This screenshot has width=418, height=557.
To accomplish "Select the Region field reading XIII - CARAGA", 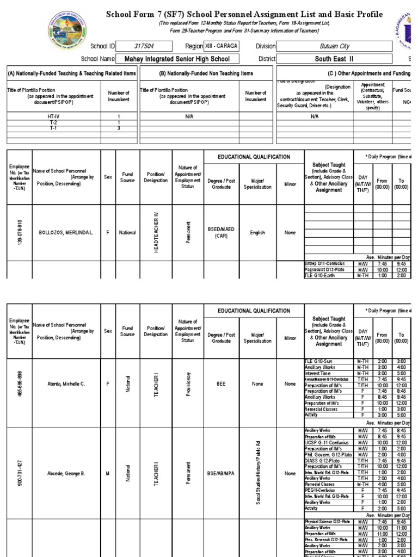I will (x=222, y=47).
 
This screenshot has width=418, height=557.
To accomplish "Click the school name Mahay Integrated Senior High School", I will (x=177, y=59).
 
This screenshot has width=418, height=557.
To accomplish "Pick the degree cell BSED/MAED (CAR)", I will (x=220, y=233).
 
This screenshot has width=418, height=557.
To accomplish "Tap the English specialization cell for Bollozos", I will (x=257, y=233).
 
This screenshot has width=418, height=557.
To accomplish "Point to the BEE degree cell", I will (x=220, y=384).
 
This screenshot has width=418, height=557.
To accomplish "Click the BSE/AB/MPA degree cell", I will (x=220, y=474).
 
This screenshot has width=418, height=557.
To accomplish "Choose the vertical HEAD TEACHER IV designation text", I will (x=156, y=233).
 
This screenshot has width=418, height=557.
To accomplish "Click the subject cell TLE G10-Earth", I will (x=322, y=275).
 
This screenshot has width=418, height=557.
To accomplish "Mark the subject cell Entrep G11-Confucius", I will (x=325, y=263).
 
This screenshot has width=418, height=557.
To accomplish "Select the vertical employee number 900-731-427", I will (x=20, y=474).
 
